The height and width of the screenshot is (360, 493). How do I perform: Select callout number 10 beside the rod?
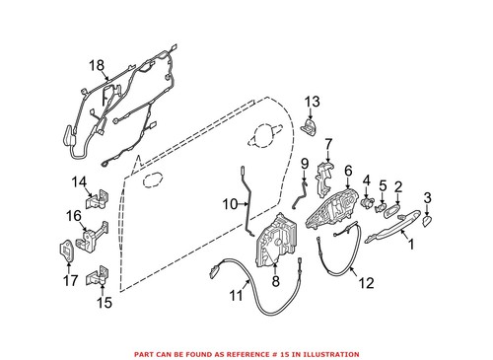(x=229, y=204)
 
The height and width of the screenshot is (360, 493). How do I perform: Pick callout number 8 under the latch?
(x=275, y=281)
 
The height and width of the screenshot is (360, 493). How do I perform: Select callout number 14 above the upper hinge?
(x=80, y=180)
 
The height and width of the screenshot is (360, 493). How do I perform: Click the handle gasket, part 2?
(x=391, y=209)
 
